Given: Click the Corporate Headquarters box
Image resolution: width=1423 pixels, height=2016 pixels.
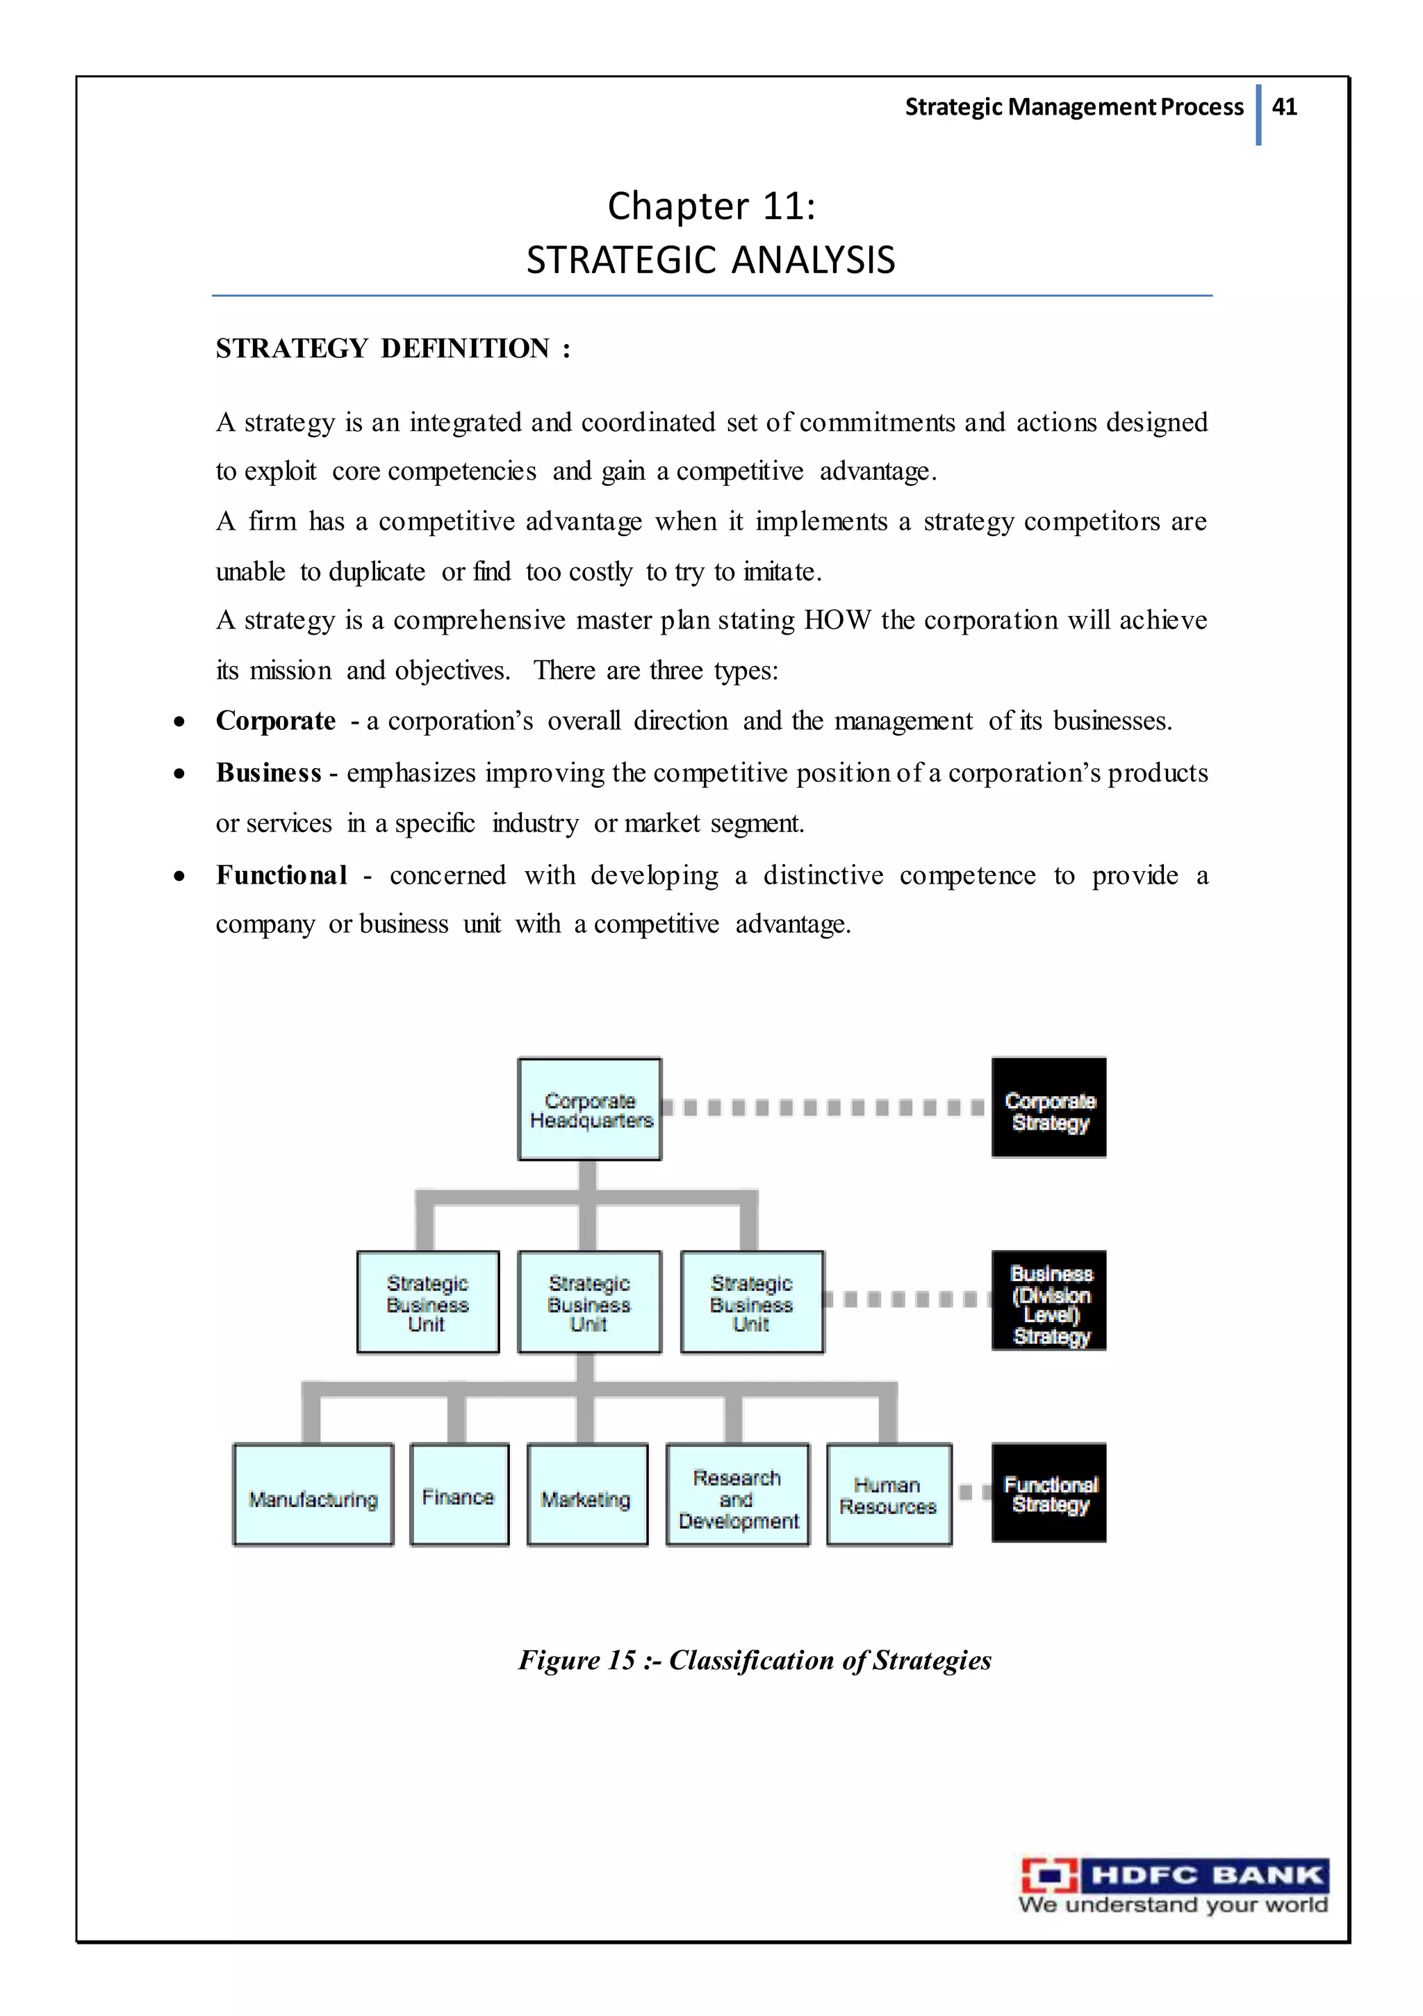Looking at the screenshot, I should (x=589, y=1109).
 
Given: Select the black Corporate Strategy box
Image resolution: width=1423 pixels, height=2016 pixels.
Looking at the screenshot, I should (x=1049, y=1109).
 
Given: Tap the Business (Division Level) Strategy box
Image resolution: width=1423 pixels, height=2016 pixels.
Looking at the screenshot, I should (x=1049, y=1302).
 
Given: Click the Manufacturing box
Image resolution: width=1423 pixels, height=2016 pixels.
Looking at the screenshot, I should (x=313, y=1495).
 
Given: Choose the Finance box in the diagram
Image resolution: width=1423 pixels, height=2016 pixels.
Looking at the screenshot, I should (x=459, y=1495).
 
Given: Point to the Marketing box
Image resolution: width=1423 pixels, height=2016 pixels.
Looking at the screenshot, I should (x=586, y=1495).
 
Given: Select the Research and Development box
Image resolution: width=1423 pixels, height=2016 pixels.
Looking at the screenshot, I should (x=737, y=1495).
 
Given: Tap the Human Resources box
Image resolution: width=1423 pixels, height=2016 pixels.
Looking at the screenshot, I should (x=889, y=1495).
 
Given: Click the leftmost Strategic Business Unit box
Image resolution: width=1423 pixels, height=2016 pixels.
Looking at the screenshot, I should (x=427, y=1303).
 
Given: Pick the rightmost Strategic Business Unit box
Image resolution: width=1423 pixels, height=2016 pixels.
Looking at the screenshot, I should (x=751, y=1303).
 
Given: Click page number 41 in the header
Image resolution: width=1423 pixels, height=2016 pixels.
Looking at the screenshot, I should (x=1284, y=107).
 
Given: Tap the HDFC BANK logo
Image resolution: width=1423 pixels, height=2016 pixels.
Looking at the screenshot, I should (x=1174, y=1885).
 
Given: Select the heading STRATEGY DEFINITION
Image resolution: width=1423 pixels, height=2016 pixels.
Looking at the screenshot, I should (x=393, y=348).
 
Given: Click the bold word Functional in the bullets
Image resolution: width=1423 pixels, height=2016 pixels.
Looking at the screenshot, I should (x=281, y=875).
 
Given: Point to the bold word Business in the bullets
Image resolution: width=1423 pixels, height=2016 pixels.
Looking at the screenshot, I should (x=269, y=772).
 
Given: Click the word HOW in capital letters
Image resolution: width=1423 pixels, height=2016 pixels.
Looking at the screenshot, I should (x=837, y=621).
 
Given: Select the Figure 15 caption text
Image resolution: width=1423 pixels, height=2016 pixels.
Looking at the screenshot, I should (x=754, y=1660).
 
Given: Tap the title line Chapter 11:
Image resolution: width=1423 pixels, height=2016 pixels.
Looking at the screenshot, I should (x=711, y=206).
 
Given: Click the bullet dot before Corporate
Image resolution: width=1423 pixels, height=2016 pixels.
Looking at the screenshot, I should (x=179, y=722).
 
